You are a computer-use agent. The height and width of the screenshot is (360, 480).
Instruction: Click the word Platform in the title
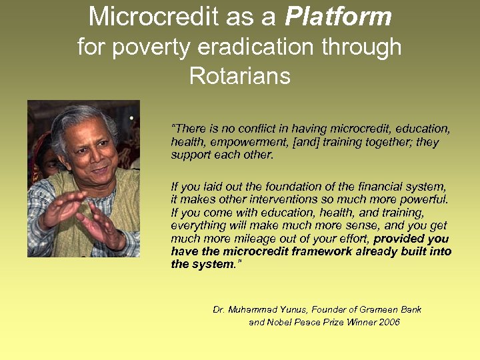click(x=339, y=17)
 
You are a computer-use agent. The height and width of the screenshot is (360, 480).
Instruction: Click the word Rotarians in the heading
click(x=239, y=76)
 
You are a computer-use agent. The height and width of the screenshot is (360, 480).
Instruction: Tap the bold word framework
click(x=315, y=251)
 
